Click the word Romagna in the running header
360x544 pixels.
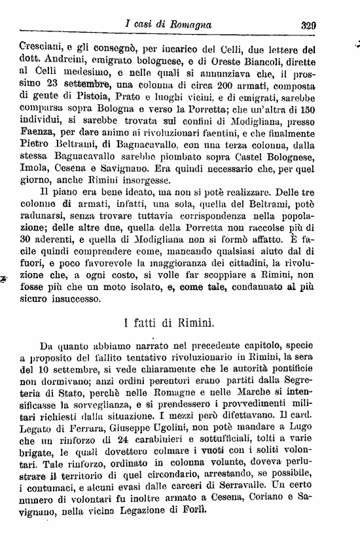click(190, 25)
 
